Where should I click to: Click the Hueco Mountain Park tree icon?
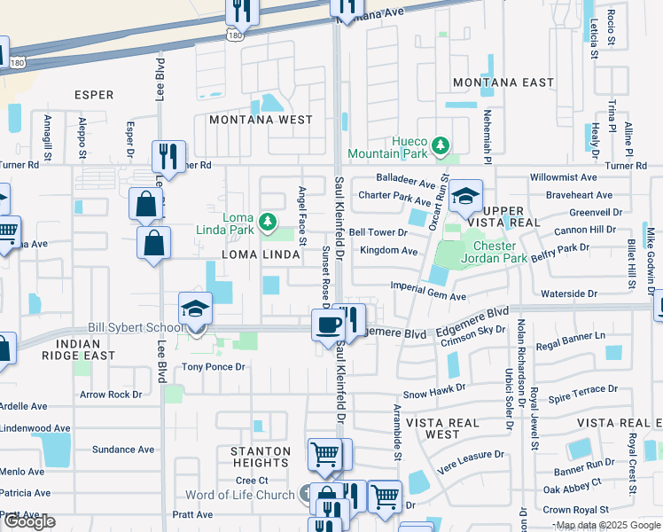[x=439, y=145]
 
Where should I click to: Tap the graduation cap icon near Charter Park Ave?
[x=464, y=197]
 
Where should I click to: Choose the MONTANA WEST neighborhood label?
[x=261, y=120]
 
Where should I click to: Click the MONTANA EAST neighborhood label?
[x=491, y=82]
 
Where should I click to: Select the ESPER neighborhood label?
[x=93, y=95]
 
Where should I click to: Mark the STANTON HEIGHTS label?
[x=261, y=458]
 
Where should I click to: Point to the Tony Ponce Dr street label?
[x=214, y=367]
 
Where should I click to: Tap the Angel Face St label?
[x=302, y=215]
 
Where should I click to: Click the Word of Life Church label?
[x=239, y=495]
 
